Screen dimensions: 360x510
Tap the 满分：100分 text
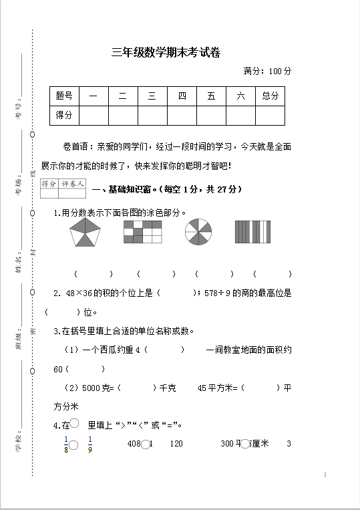click(267, 71)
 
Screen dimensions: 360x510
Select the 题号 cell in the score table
click(64, 96)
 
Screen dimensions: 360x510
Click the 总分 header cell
click(270, 96)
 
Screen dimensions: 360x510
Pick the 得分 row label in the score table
click(64, 116)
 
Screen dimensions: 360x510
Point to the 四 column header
click(182, 96)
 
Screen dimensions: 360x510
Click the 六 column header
click(240, 96)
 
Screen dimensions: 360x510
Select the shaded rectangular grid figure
click(142, 233)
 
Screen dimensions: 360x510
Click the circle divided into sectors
click(199, 233)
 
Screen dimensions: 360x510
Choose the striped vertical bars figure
click(252, 233)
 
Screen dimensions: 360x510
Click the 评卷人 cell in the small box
click(71, 184)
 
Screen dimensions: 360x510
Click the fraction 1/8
click(66, 443)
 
